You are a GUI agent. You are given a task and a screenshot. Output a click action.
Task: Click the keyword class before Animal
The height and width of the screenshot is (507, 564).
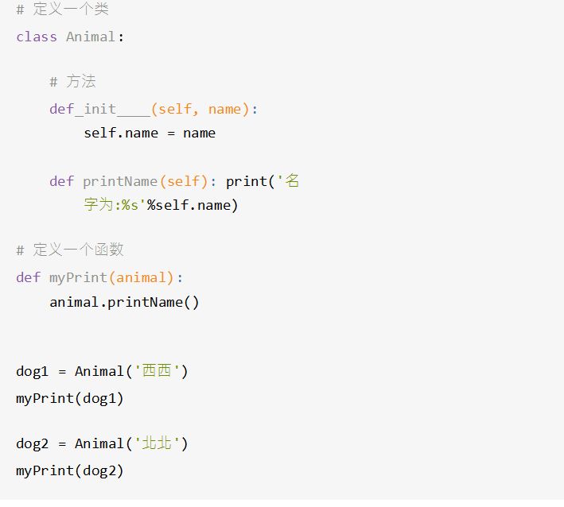pyautogui.click(x=37, y=37)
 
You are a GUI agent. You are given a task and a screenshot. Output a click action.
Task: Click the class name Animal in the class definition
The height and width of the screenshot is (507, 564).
pyautogui.click(x=91, y=37)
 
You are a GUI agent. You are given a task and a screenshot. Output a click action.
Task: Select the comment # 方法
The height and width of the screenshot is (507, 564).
pyautogui.click(x=72, y=82)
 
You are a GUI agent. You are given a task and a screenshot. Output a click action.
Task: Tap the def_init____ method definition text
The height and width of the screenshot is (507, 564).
pyautogui.click(x=99, y=109)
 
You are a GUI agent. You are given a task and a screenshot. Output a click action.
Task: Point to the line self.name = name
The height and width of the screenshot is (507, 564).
pyautogui.click(x=150, y=133)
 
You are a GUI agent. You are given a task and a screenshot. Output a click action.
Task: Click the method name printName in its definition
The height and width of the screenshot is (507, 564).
pyautogui.click(x=120, y=181)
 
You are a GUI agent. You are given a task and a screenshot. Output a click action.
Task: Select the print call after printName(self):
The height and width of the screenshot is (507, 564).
pyautogui.click(x=246, y=181)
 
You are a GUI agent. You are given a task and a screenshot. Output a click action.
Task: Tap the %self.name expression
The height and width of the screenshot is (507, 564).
pyautogui.click(x=192, y=205)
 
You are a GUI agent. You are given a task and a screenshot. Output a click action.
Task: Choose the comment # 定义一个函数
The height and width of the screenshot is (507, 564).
pyautogui.click(x=70, y=250)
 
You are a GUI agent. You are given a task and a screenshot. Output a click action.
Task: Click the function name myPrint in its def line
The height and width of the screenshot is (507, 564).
pyautogui.click(x=79, y=277)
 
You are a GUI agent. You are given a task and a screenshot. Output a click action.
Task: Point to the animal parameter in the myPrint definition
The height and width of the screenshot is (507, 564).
pyautogui.click(x=145, y=277)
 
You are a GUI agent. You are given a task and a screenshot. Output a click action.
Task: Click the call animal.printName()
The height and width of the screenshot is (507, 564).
pyautogui.click(x=124, y=302)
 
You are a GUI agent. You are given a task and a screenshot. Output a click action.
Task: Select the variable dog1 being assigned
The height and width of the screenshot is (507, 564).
pyautogui.click(x=33, y=371)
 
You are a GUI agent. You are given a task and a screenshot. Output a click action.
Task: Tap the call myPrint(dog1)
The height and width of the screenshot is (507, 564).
pyautogui.click(x=70, y=398)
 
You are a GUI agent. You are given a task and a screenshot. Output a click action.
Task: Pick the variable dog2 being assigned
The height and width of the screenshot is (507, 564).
pyautogui.click(x=33, y=443)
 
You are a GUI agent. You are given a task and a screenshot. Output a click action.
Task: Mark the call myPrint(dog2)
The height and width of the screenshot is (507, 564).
pyautogui.click(x=70, y=470)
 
